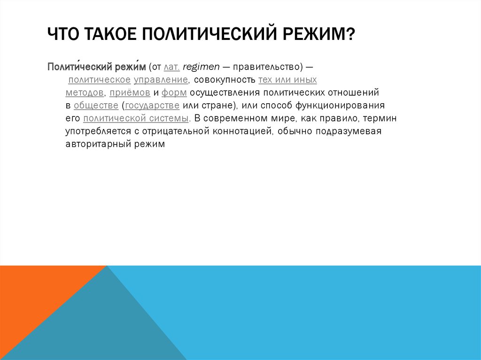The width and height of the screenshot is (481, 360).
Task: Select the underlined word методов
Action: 85,92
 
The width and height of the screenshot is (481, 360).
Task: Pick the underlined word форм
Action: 174,92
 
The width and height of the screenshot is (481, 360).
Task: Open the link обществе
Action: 96,105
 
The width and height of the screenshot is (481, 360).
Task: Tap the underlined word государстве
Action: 153,105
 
